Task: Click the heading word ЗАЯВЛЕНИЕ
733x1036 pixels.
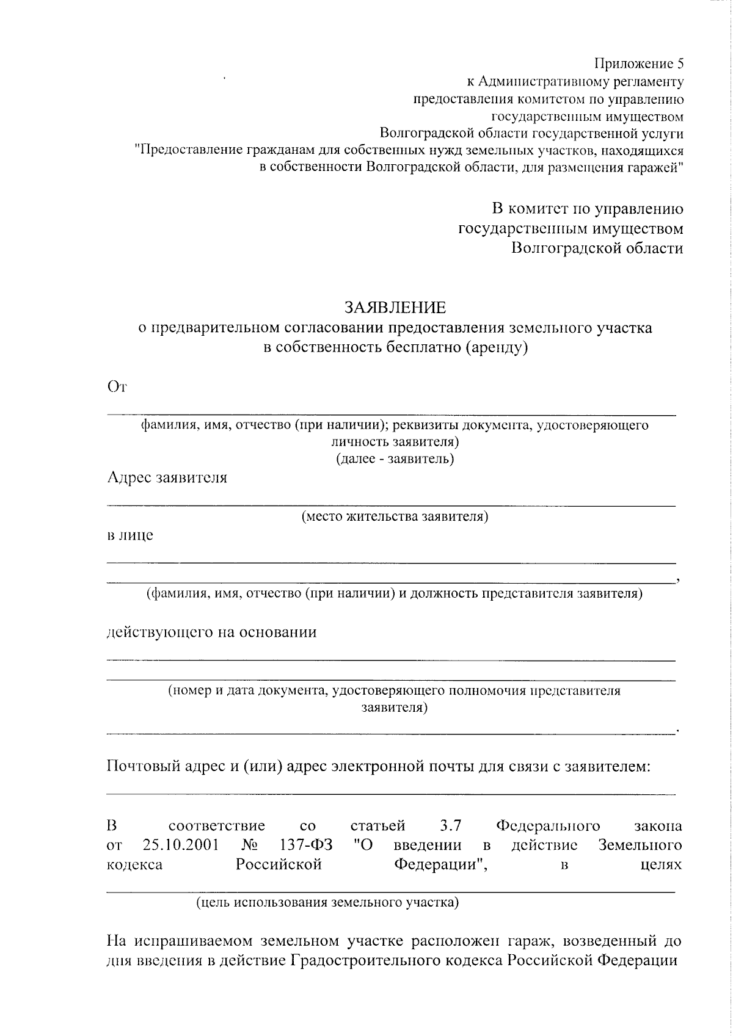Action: [x=395, y=307]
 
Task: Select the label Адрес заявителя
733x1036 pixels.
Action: [x=167, y=478]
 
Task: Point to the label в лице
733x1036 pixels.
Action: [x=130, y=536]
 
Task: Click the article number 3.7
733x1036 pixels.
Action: [x=450, y=827]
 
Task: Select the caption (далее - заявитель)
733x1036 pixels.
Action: [x=395, y=459]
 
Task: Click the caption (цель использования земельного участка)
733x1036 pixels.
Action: [x=327, y=902]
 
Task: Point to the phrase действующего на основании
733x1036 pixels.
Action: [x=212, y=632]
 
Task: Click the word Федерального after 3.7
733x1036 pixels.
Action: [x=548, y=827]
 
